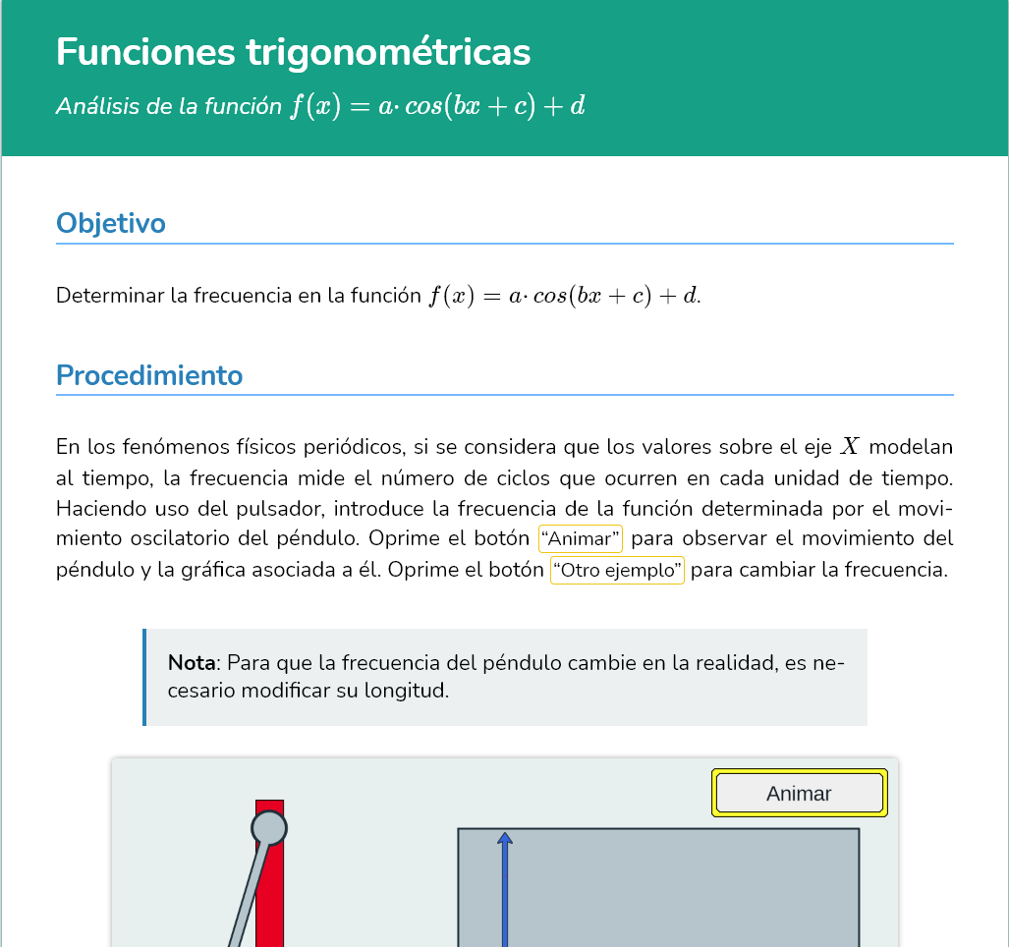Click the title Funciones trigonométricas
point(293,52)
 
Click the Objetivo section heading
point(111,223)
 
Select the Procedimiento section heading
point(149,375)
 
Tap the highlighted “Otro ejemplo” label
point(618,571)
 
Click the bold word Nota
point(192,662)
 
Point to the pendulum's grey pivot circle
point(269,828)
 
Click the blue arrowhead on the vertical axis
point(505,838)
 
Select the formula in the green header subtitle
point(437,106)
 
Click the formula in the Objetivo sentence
point(564,296)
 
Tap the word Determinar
point(110,296)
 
